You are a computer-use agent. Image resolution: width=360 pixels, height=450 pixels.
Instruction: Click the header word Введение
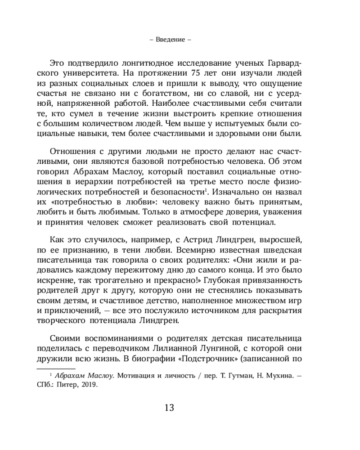pos(171,39)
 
